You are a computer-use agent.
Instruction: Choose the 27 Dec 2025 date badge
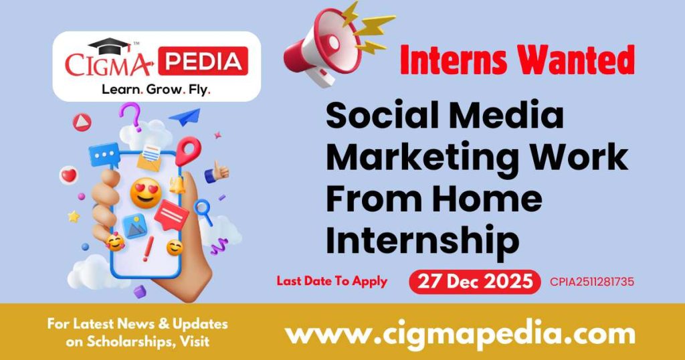click(x=475, y=281)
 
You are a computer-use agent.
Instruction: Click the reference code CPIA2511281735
click(x=591, y=282)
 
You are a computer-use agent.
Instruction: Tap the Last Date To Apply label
click(x=332, y=281)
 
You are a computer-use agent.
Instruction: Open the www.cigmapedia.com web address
click(x=460, y=333)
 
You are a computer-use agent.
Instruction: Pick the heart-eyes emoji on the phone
click(x=145, y=193)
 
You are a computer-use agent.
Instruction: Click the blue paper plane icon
click(x=185, y=118)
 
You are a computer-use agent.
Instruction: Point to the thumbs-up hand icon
click(x=216, y=172)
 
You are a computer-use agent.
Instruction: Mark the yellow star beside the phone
click(x=74, y=216)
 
